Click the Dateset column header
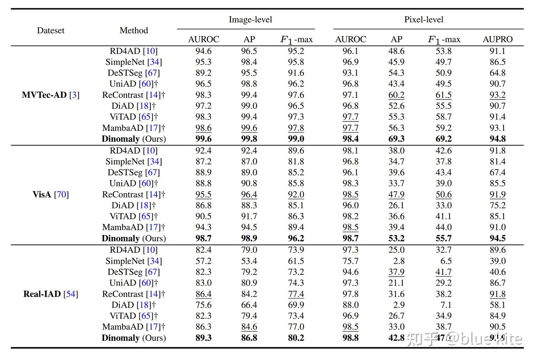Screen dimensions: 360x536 [x=51, y=30]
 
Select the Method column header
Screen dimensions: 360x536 [x=134, y=30]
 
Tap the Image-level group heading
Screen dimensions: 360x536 [x=250, y=20]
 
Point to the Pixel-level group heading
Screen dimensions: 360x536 [x=424, y=20]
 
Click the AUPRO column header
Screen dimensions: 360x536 [x=497, y=39]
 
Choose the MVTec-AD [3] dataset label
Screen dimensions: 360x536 [x=51, y=95]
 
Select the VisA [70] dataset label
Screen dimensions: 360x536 [x=51, y=195]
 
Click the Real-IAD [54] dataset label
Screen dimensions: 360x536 [x=51, y=294]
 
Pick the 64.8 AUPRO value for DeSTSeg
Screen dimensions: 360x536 [x=497, y=73]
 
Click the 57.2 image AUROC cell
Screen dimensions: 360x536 [x=203, y=261]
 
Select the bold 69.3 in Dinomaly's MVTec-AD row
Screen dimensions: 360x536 [x=396, y=139]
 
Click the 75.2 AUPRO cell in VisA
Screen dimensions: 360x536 [x=497, y=205]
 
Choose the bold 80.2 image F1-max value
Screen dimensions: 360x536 [x=296, y=338]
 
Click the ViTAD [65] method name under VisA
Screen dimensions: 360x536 [x=134, y=216]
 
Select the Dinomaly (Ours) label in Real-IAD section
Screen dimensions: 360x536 [x=134, y=338]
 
